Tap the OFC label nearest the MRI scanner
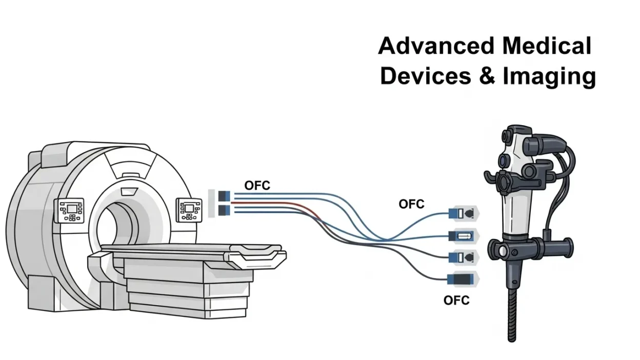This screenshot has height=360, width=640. click(257, 186)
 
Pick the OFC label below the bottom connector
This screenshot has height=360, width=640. click(456, 300)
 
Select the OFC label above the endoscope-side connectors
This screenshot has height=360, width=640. click(411, 204)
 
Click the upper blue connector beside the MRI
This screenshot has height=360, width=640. click(224, 196)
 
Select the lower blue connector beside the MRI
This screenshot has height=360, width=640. click(224, 210)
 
